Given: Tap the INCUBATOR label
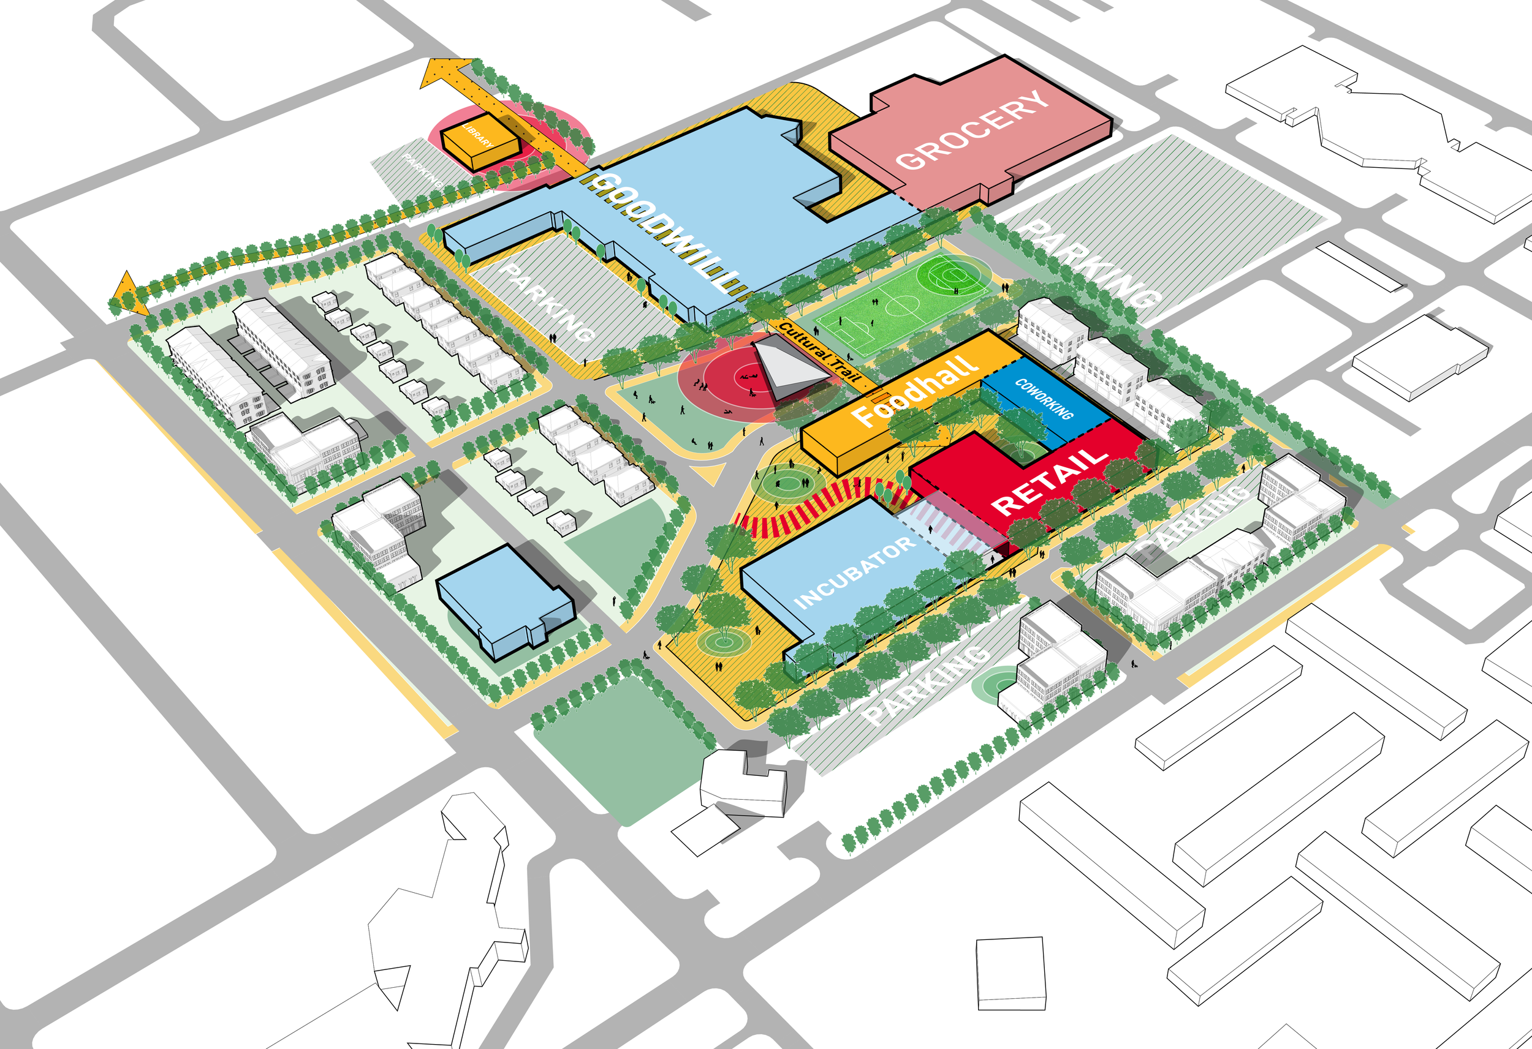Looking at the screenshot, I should tap(854, 572).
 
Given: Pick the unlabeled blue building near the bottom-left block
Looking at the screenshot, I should tap(504, 599).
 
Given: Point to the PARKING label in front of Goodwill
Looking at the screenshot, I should tap(547, 303).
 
